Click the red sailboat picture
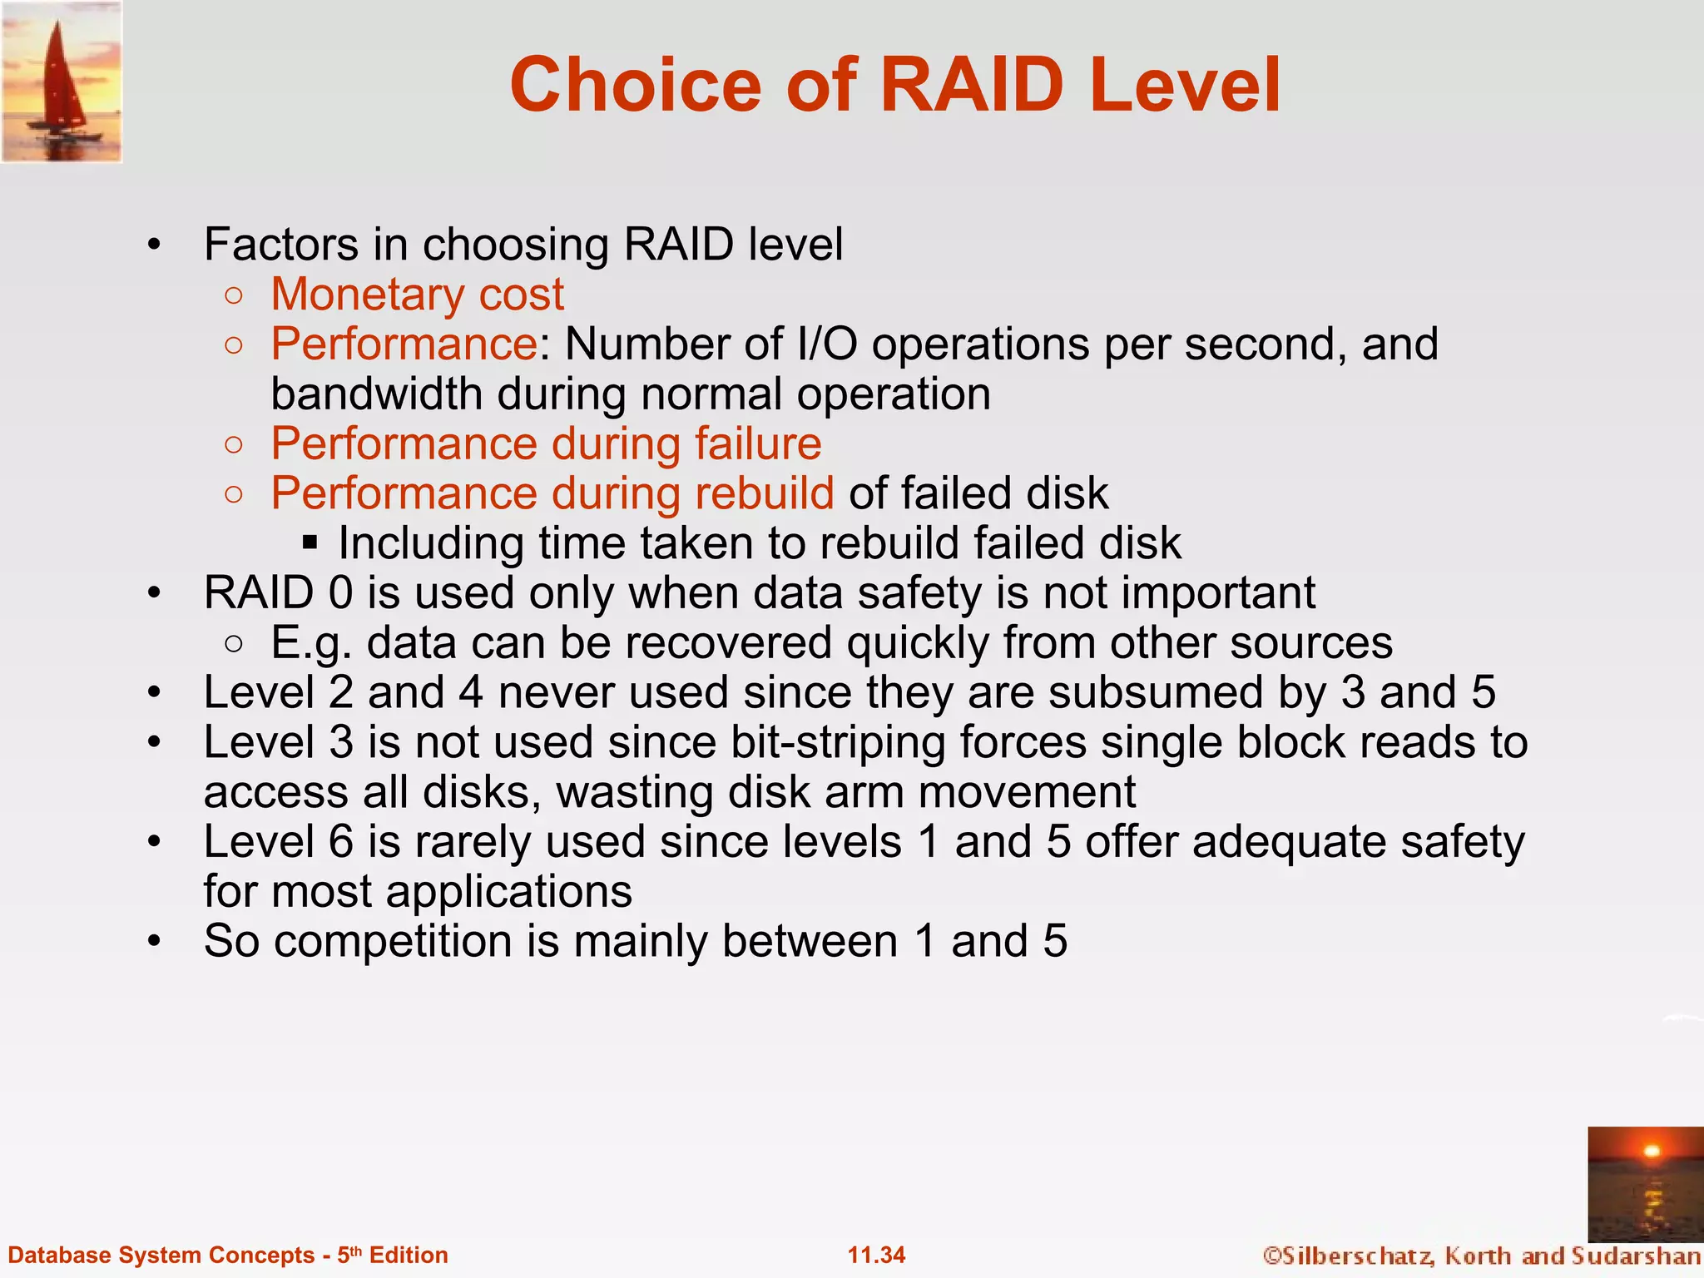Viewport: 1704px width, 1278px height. pos(62,82)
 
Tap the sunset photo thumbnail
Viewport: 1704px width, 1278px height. pos(1645,1183)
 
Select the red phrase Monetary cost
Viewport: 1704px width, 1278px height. pos(417,295)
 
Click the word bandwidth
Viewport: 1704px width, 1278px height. pos(376,394)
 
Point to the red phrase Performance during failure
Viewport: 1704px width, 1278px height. pos(546,443)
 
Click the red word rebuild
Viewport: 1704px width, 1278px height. pos(764,493)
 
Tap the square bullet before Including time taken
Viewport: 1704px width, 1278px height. pos(310,543)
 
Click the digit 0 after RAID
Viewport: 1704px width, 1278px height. pos(340,593)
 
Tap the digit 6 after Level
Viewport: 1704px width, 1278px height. pos(340,842)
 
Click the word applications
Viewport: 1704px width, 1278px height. pos(508,892)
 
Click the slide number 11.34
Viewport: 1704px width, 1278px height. pos(876,1255)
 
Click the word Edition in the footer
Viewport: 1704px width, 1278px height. pos(409,1255)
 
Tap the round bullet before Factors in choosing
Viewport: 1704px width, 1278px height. pos(153,245)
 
